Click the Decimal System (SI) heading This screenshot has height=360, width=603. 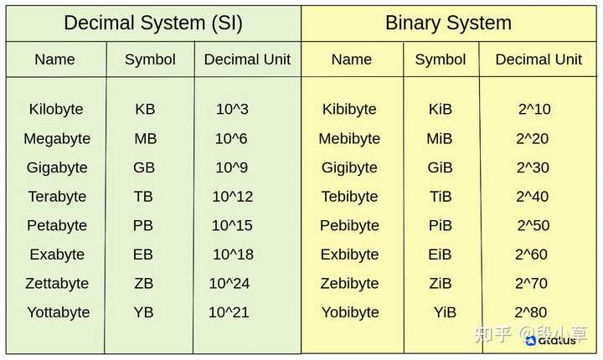pos(153,23)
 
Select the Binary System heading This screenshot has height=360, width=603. pos(448,23)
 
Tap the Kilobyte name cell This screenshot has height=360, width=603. pos(56,110)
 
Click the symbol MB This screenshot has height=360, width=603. pos(146,139)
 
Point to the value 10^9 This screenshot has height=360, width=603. pos(232,167)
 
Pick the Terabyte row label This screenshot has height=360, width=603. pos(57,197)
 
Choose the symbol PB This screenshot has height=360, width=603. pos(143,226)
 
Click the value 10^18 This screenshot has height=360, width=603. pos(233,255)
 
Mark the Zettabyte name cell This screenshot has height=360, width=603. pos(57,284)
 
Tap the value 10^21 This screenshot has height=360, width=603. pos(229,312)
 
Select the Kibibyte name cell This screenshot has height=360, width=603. pos(349,110)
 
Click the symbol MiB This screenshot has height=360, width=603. pos(440,139)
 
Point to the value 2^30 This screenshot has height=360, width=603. pos(533,167)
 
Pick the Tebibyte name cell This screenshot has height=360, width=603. pos(349,197)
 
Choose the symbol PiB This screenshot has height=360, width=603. pos(441,226)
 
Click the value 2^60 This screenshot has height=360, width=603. pos(531,255)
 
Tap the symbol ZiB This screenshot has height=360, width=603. pos(441,284)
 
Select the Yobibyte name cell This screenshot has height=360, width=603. pos(350,312)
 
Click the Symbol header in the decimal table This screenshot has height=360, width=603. pos(150,59)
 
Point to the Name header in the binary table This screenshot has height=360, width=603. pos(352,59)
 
